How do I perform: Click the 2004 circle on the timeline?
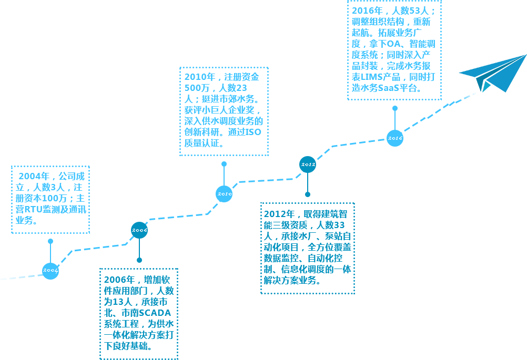point(50,271)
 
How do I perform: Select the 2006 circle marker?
point(139,230)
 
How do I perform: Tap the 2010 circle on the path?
point(224,194)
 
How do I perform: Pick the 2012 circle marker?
point(308,164)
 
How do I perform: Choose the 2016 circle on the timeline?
point(395,138)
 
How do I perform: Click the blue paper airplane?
point(493,73)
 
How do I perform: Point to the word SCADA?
point(155,313)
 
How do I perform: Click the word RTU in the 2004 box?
point(33,210)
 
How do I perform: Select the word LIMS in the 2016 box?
point(371,77)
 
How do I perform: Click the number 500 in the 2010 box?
point(192,88)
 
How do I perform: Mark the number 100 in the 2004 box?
point(50,199)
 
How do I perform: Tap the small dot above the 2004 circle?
point(50,241)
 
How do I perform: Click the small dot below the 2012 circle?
point(308,194)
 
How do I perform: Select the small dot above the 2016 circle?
point(395,108)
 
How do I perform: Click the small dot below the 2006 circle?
point(139,260)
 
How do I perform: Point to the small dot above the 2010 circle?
point(224,164)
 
